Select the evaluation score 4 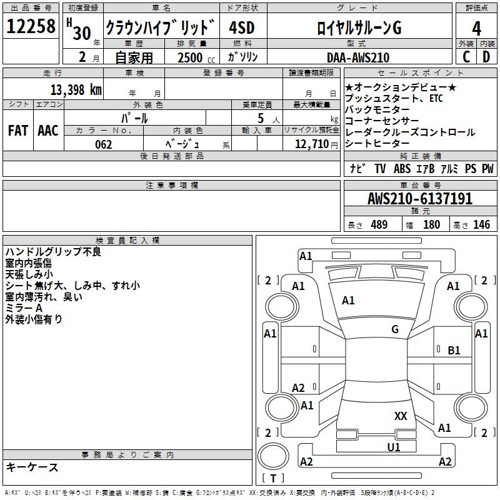[x=476, y=28]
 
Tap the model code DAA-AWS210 [x=357, y=57]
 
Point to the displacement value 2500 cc [x=194, y=57]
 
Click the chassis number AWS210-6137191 [x=420, y=199]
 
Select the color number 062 [x=104, y=144]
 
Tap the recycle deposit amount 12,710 [x=311, y=144]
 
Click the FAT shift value [x=17, y=131]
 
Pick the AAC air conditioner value [x=47, y=131]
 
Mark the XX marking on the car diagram [x=401, y=416]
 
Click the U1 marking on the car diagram [x=394, y=447]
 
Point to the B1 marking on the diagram [x=454, y=351]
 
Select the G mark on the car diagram [x=395, y=329]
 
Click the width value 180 [x=431, y=225]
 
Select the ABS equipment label [x=402, y=169]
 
